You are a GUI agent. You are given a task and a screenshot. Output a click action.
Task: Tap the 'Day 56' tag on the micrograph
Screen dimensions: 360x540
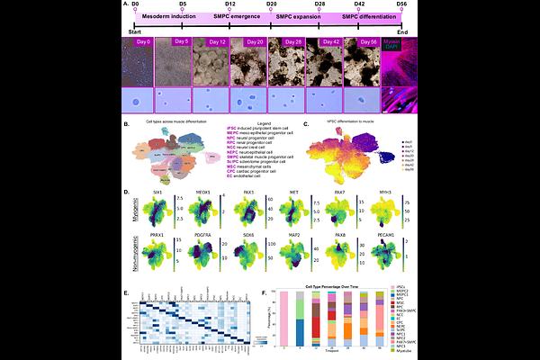tap(367, 41)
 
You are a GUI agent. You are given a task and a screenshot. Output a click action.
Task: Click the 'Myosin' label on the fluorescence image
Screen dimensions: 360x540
tap(395, 40)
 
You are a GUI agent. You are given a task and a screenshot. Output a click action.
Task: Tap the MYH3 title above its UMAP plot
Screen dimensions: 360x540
tap(372, 192)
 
